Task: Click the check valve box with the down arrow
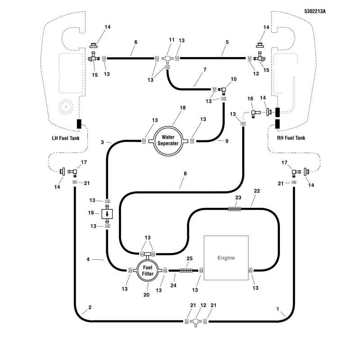pos(107,214)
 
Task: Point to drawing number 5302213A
pos(315,11)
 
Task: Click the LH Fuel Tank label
pos(66,138)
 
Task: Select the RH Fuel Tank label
pos(291,138)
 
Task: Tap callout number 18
pos(183,108)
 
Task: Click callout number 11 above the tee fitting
pos(172,40)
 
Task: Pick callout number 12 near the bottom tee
pos(203,305)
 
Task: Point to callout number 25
pos(189,258)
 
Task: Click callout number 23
pos(238,198)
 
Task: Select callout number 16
pos(250,99)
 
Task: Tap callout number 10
pos(234,79)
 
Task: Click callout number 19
pos(91,213)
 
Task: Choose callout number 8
pos(185,174)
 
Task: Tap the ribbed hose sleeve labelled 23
pos(234,209)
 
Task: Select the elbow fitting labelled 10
pos(222,90)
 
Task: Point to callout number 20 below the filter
pos(147,295)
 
